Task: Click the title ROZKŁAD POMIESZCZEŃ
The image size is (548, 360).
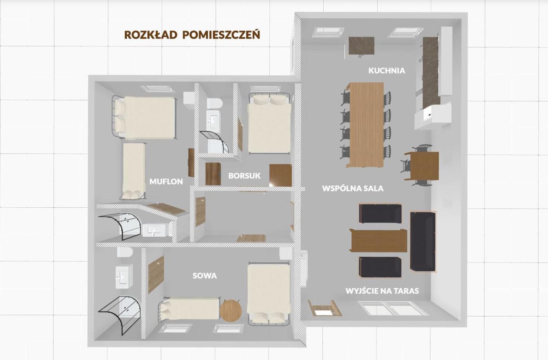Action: [192, 35]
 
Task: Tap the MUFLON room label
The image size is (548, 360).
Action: [166, 182]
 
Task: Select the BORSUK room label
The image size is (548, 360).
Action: [244, 176]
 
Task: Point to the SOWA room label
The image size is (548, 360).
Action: [204, 275]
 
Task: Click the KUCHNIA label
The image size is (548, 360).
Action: [387, 71]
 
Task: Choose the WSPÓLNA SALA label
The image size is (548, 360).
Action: [353, 189]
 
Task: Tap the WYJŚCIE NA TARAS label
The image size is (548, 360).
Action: [382, 291]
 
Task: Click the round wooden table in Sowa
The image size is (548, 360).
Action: [231, 311]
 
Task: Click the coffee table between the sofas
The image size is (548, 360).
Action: [379, 241]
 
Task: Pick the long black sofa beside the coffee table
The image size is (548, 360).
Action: [423, 242]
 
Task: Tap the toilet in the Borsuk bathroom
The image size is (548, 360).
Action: [215, 103]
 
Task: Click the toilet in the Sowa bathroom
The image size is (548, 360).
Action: [125, 252]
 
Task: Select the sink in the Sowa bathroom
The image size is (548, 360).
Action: [124, 276]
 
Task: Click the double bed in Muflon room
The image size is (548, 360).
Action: [144, 118]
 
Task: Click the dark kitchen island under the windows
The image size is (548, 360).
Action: [362, 46]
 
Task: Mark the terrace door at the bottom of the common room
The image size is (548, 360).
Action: [393, 308]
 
